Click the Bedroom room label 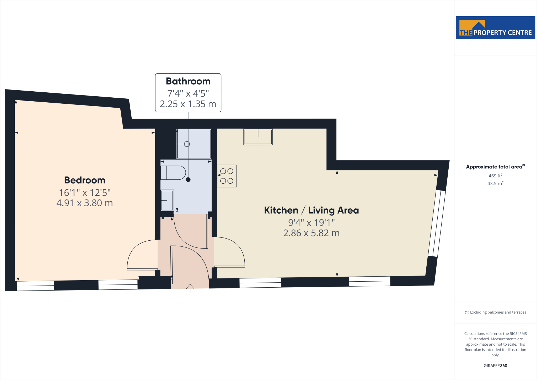click(x=85, y=180)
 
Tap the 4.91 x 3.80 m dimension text click(x=85, y=203)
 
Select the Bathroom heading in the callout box click(x=188, y=81)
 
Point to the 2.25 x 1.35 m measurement click(x=188, y=104)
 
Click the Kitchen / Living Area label click(x=311, y=210)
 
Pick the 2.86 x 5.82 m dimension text click(x=311, y=233)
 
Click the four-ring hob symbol click(x=227, y=176)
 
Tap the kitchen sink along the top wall click(x=258, y=137)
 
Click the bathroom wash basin click(x=167, y=200)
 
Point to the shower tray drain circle click(x=187, y=144)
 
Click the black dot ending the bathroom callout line click(x=188, y=180)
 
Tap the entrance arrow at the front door click(x=190, y=288)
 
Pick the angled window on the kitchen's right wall click(x=437, y=223)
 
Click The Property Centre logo click(x=495, y=28)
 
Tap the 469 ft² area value click(x=495, y=176)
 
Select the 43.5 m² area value click(x=495, y=183)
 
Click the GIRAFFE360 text click(x=495, y=366)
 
